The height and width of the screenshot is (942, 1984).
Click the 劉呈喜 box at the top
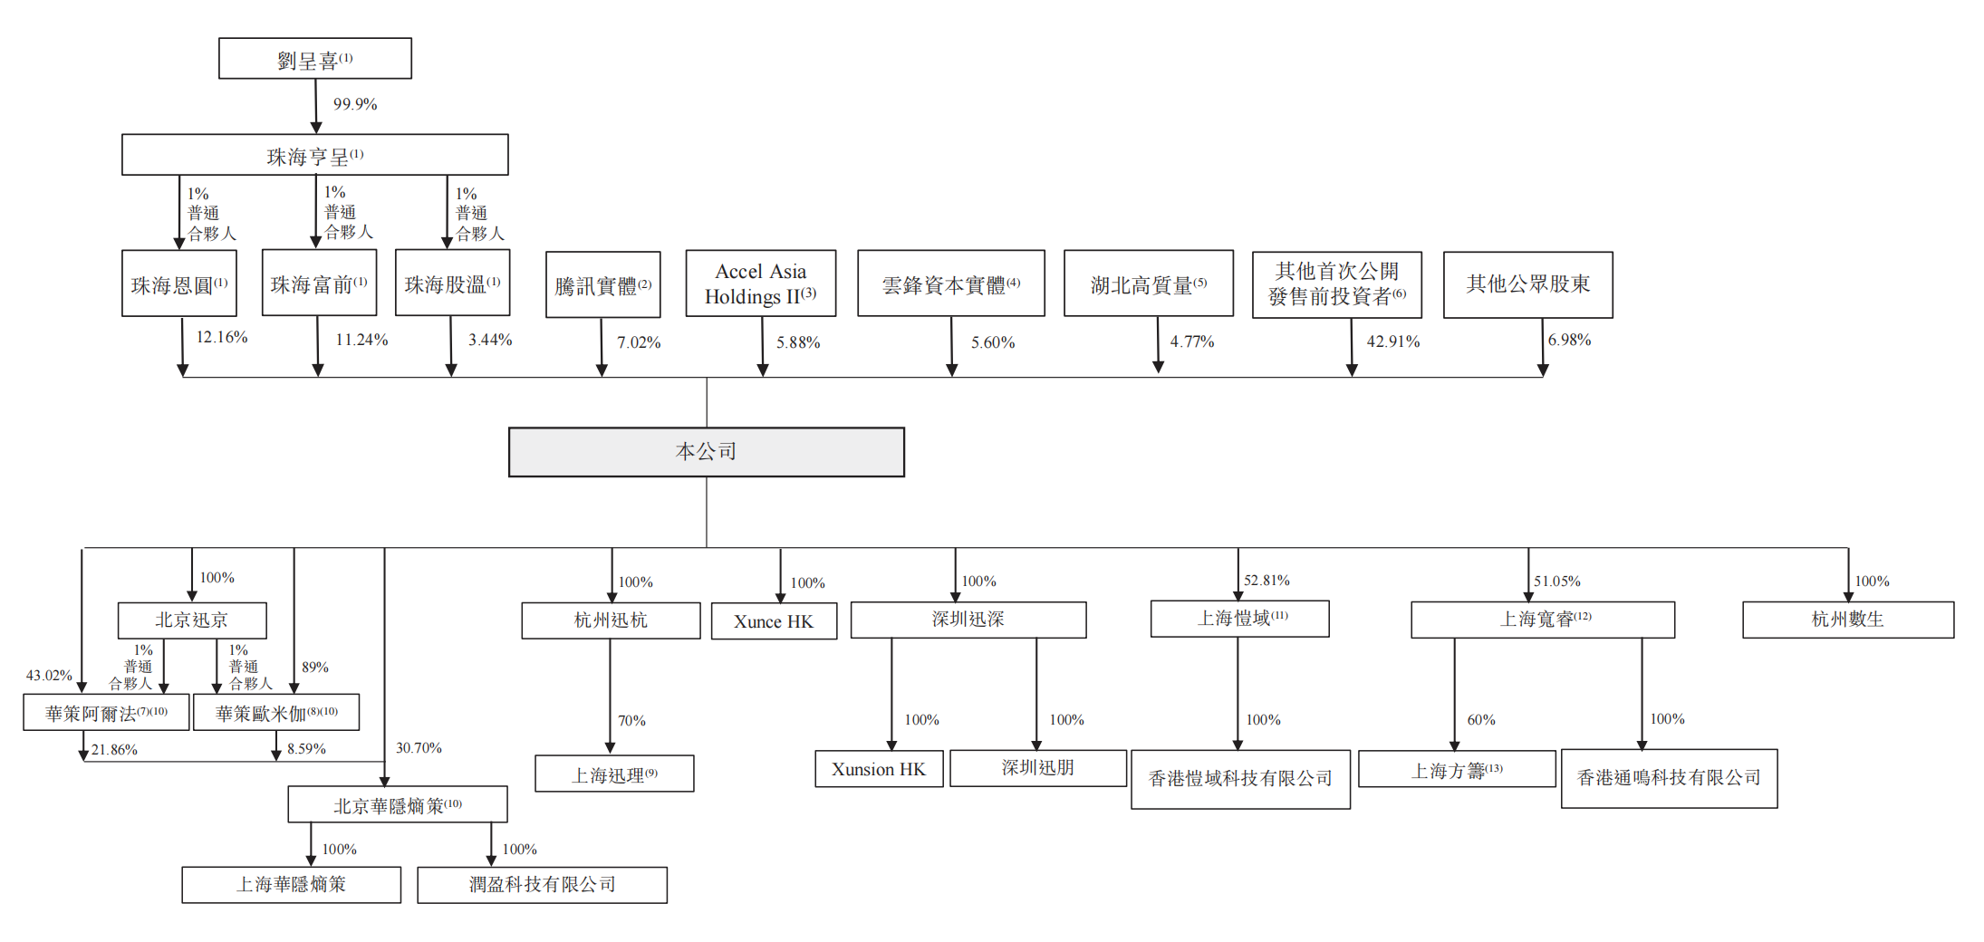(x=314, y=59)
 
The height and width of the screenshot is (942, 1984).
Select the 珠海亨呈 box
(x=314, y=155)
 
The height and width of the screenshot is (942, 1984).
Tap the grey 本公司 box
(x=706, y=452)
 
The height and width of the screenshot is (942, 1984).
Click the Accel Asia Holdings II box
(x=760, y=284)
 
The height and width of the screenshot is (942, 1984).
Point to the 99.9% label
(x=354, y=104)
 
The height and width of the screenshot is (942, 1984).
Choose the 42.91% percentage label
(x=1392, y=341)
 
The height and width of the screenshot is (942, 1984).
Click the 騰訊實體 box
(x=602, y=285)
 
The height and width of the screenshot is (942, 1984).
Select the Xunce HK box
(x=774, y=621)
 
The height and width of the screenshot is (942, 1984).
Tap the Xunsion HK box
(x=878, y=769)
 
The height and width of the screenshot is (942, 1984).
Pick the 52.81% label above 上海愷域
(x=1266, y=580)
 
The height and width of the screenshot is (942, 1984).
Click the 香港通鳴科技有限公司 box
(x=1669, y=778)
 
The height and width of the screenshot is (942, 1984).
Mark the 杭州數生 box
(x=1847, y=620)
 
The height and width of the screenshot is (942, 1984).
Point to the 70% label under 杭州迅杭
(x=631, y=721)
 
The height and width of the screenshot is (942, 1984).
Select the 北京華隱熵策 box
(x=397, y=804)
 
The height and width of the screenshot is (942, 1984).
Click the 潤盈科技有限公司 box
(x=542, y=885)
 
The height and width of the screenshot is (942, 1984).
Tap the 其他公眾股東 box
(x=1527, y=284)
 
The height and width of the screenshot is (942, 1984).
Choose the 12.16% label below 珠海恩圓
(x=221, y=337)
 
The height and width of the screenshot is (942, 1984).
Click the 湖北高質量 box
(x=1148, y=284)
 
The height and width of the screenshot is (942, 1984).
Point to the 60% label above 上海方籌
(x=1480, y=720)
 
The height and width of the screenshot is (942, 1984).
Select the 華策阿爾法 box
(x=106, y=713)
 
